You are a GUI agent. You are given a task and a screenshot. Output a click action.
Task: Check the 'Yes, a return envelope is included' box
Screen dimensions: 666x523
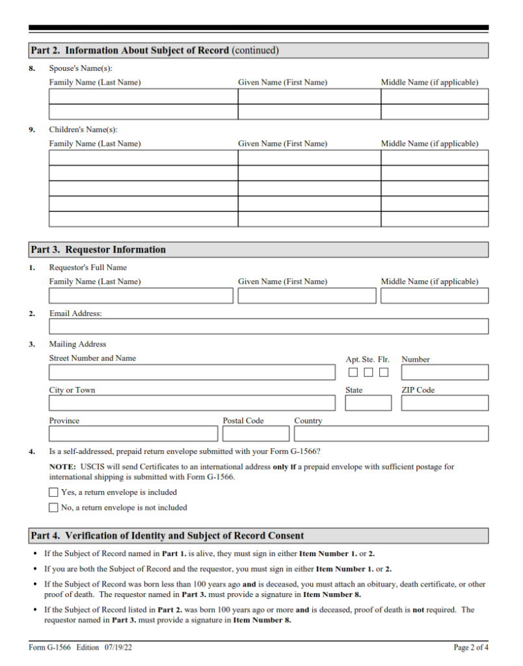click(x=54, y=492)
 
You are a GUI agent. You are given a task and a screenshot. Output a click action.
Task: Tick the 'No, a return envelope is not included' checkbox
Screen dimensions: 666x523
click(x=54, y=507)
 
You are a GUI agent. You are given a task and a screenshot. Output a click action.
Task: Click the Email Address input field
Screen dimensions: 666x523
click(x=269, y=326)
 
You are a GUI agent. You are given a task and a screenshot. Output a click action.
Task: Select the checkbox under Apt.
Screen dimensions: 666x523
click(x=353, y=373)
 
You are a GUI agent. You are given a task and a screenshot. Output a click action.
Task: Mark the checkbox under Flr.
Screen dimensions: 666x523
click(x=384, y=373)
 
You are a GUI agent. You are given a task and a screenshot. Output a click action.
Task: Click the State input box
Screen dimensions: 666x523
click(x=368, y=403)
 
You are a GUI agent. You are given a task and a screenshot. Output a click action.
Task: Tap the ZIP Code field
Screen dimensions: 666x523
click(x=444, y=403)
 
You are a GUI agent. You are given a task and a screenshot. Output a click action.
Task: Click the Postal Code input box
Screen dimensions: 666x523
click(x=256, y=434)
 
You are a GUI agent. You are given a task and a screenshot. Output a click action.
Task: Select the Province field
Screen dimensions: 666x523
click(x=133, y=434)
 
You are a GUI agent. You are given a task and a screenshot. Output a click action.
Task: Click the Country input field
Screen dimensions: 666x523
click(x=391, y=434)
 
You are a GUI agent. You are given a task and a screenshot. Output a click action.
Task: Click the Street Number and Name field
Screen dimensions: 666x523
click(x=192, y=373)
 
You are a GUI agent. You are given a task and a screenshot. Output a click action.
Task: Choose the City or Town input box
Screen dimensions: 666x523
click(x=192, y=403)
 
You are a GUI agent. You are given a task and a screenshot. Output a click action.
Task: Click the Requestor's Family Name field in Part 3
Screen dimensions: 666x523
click(x=141, y=296)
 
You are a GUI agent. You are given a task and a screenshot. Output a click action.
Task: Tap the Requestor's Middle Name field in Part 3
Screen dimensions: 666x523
click(x=435, y=296)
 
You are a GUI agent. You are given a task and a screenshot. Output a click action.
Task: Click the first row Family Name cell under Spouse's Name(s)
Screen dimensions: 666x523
click(x=143, y=97)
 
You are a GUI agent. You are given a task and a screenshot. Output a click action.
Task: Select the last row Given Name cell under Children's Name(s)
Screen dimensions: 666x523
click(x=309, y=219)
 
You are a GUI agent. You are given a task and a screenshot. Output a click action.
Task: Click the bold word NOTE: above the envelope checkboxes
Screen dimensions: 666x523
click(x=63, y=467)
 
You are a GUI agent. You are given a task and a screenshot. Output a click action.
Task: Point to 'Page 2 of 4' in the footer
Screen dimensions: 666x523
click(x=471, y=648)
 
